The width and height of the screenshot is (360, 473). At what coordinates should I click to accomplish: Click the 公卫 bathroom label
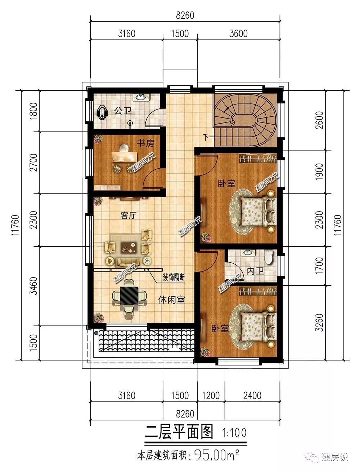(x=123, y=111)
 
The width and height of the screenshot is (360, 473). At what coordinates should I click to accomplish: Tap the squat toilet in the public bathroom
(x=102, y=112)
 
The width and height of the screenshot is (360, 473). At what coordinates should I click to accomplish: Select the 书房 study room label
(x=146, y=143)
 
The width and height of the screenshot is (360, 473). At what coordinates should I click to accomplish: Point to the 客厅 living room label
(x=128, y=215)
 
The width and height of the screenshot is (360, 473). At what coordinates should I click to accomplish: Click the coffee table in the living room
(x=129, y=247)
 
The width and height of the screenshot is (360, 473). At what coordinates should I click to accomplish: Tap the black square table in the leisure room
(x=129, y=295)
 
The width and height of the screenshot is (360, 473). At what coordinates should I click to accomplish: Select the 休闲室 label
(x=172, y=300)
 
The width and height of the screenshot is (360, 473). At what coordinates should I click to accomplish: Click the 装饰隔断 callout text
(x=174, y=277)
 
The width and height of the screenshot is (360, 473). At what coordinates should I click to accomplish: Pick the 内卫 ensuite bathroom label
(x=255, y=271)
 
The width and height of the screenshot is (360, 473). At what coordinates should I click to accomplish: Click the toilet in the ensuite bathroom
(x=269, y=257)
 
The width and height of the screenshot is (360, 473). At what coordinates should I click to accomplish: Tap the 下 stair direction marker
(x=206, y=137)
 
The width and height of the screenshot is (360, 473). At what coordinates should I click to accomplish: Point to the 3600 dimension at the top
(x=239, y=34)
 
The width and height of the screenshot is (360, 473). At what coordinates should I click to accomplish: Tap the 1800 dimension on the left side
(x=33, y=111)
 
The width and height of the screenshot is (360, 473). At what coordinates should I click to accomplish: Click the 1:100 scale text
(x=234, y=433)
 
